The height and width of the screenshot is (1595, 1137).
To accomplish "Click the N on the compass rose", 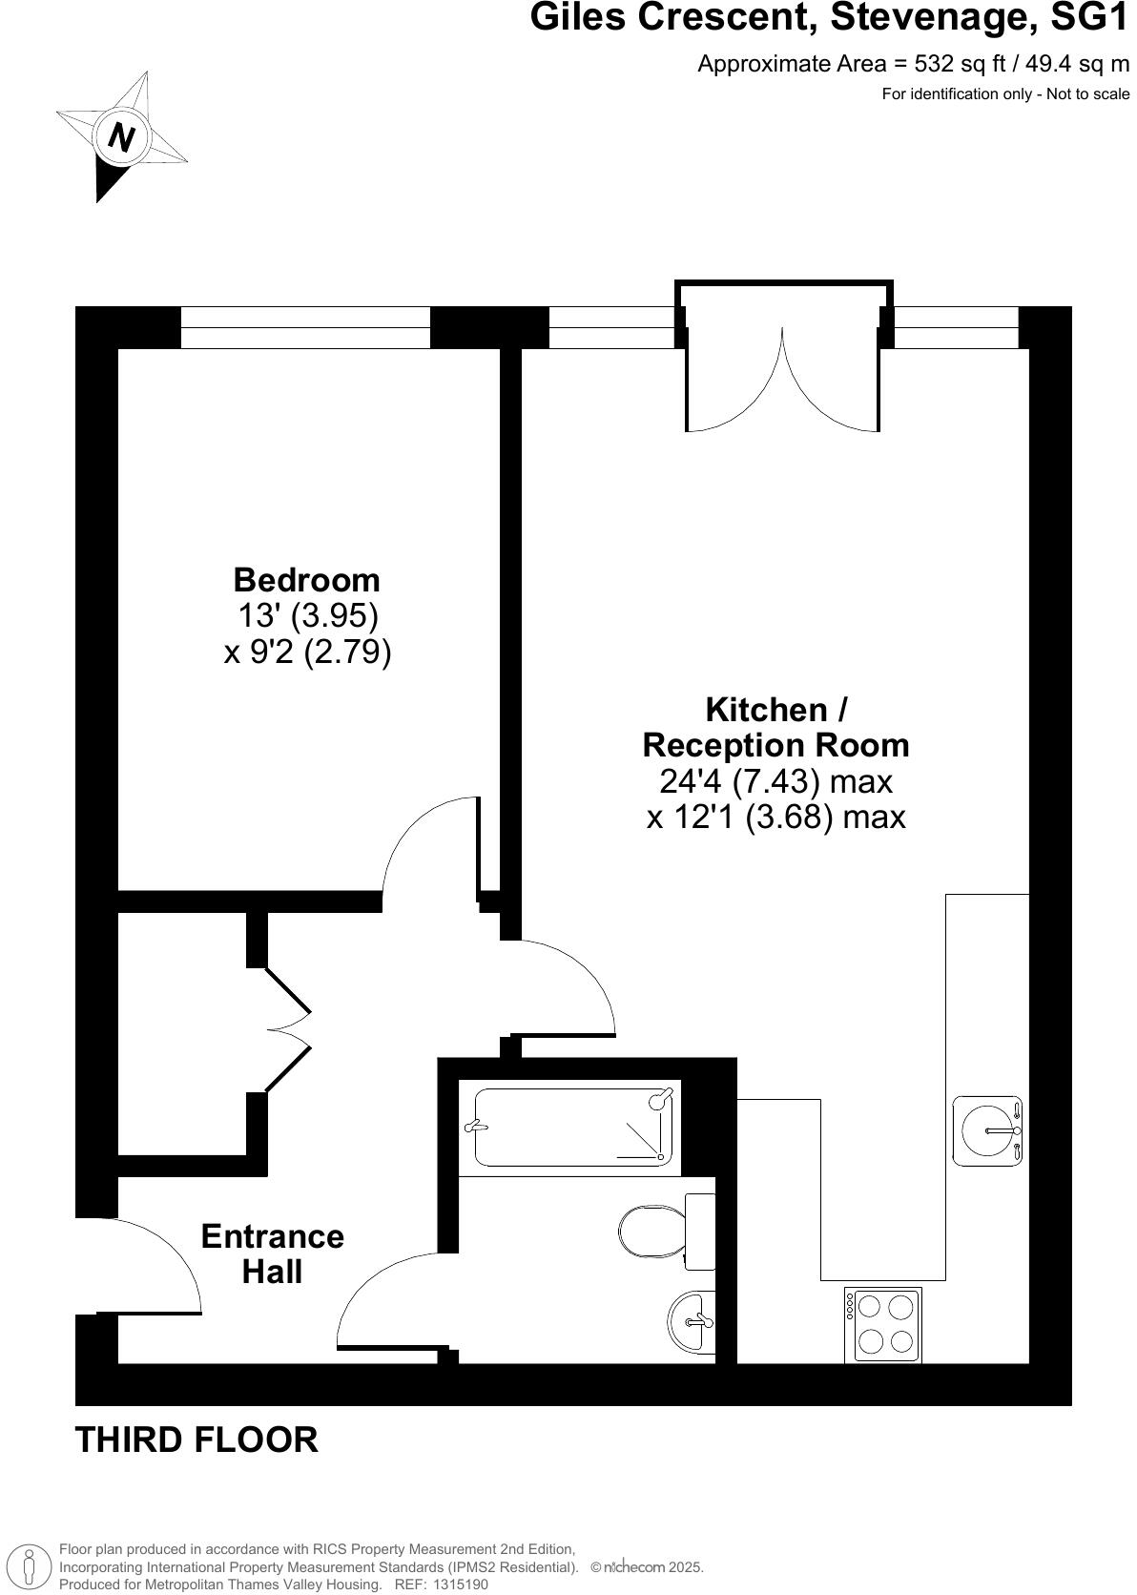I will click(x=121, y=136).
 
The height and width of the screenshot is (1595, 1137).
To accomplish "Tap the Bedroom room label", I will click(x=306, y=580).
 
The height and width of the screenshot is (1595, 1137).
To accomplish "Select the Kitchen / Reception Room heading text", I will click(x=775, y=727).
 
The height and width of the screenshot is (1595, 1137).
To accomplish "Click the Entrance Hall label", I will click(x=272, y=1253).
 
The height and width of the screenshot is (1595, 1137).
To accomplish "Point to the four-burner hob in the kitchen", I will click(x=883, y=1325).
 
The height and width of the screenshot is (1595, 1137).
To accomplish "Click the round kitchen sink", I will click(x=989, y=1131).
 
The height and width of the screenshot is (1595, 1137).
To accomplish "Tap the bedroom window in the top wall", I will click(x=305, y=327).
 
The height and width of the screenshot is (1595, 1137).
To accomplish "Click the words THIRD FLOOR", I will click(x=196, y=1440).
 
